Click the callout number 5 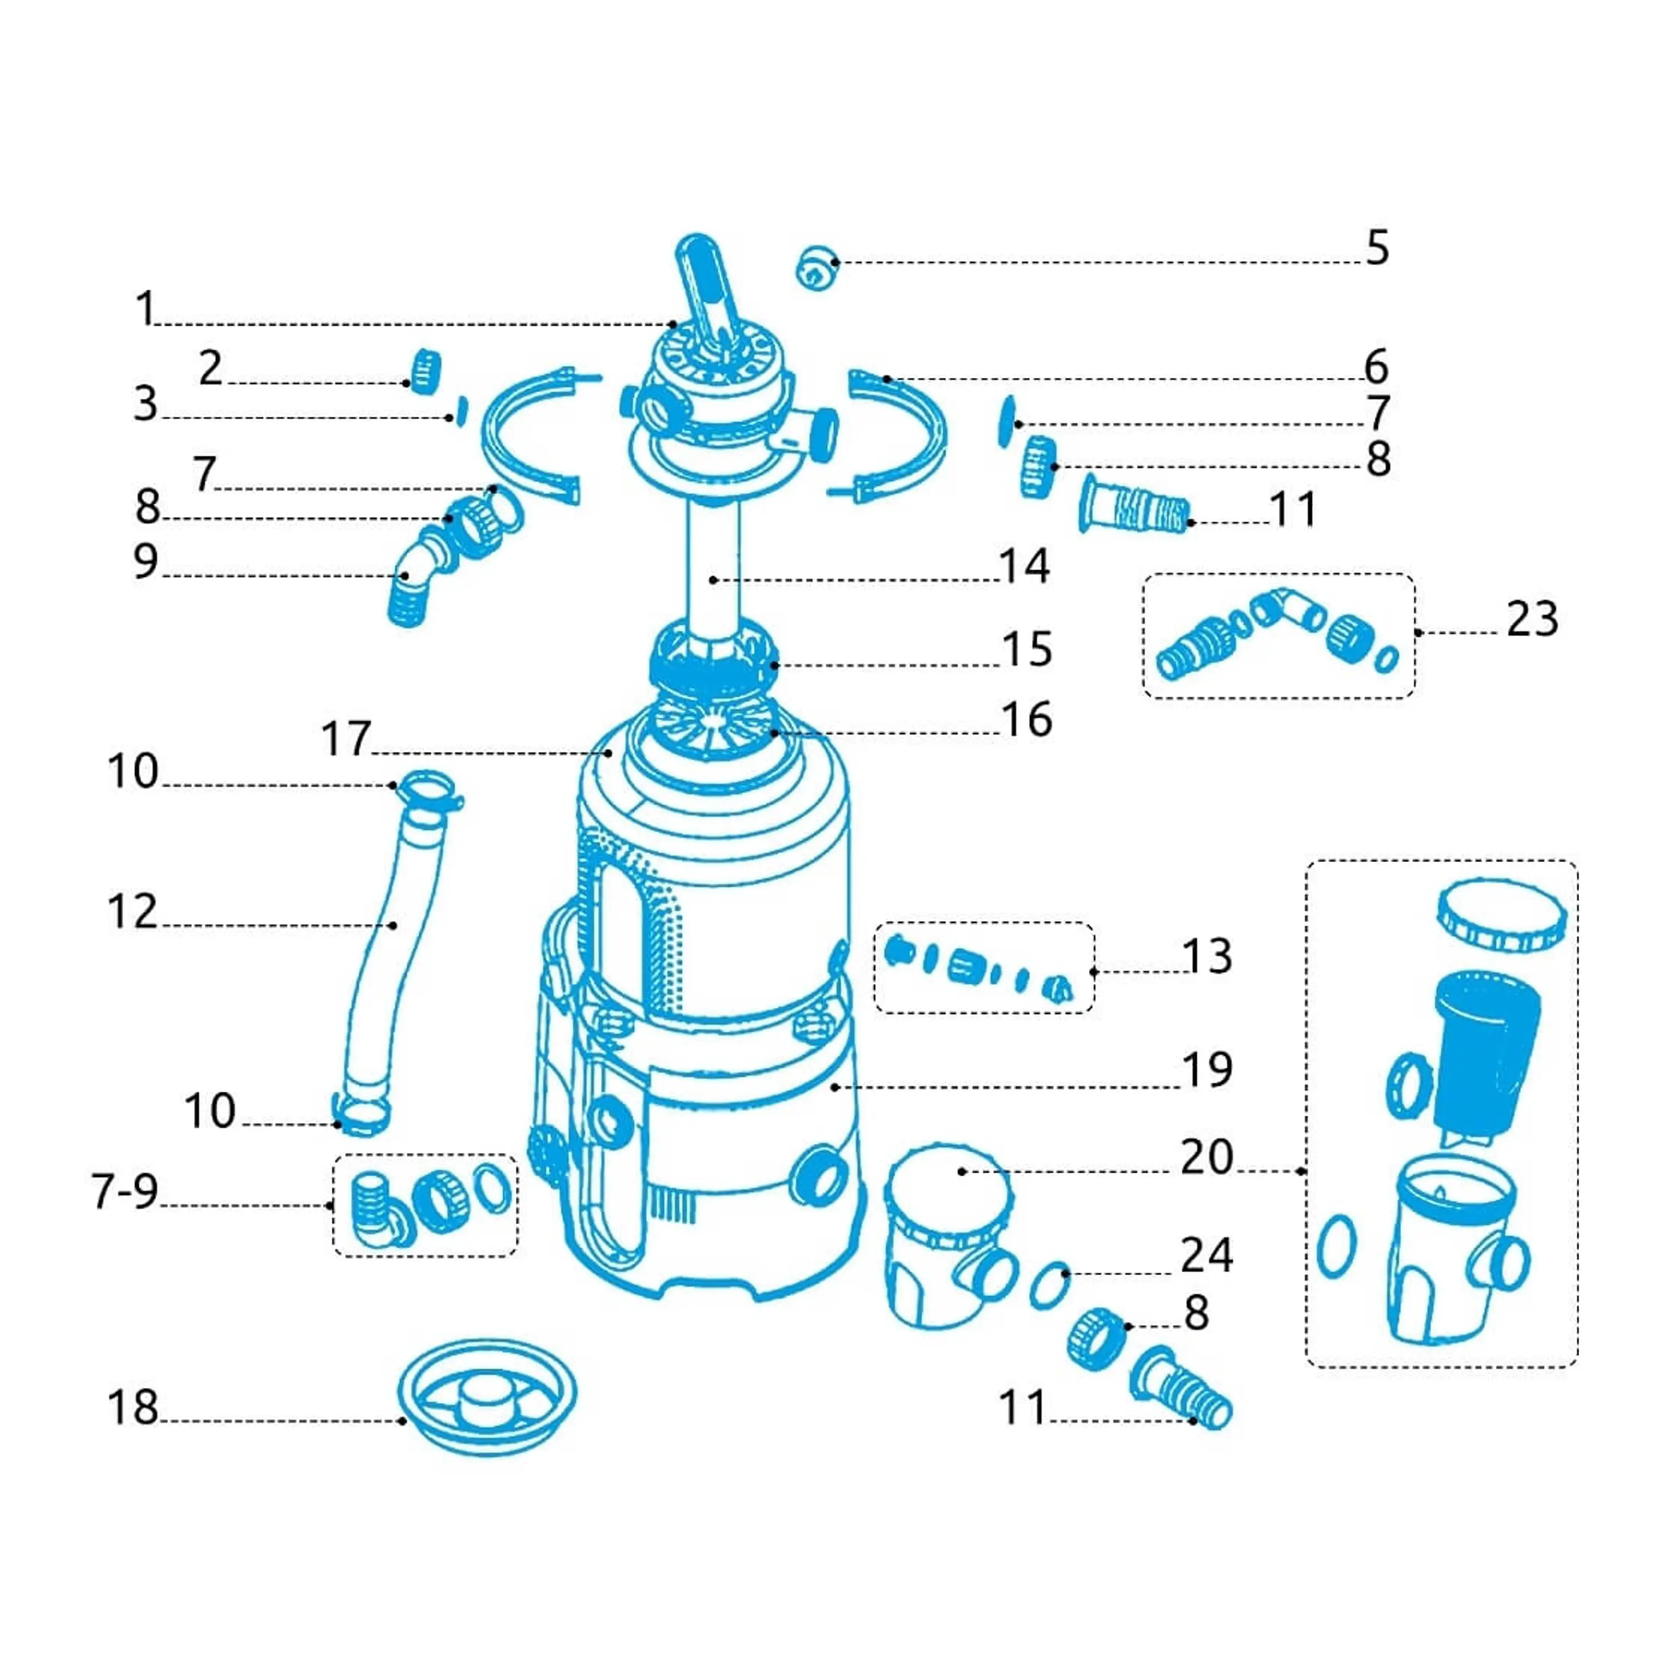point(1376,249)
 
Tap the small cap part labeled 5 point(816,267)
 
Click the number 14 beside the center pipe point(1024,566)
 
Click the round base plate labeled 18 point(487,1397)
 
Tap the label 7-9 point(126,1191)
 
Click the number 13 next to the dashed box point(1207,956)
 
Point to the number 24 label point(1207,1255)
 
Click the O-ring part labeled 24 point(1050,1285)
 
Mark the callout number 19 point(1207,1070)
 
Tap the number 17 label point(345,739)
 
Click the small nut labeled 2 point(424,372)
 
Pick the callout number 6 point(1375,367)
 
